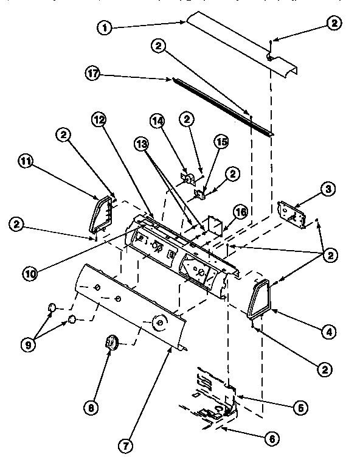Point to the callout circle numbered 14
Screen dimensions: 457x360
click(158, 122)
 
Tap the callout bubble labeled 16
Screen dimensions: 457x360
click(241, 212)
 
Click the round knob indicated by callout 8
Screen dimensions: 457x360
click(112, 342)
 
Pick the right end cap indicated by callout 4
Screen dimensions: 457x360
click(258, 298)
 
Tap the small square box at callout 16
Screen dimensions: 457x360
click(214, 226)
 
